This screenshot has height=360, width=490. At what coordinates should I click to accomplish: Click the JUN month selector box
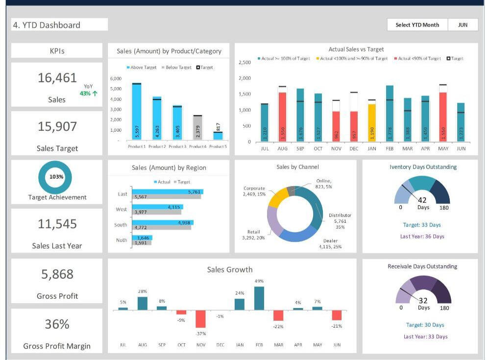[463, 25]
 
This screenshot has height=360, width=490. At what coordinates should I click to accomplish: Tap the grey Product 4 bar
[197, 128]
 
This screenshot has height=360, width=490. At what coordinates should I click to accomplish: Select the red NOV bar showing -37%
[200, 319]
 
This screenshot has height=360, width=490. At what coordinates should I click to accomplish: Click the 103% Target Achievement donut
[55, 177]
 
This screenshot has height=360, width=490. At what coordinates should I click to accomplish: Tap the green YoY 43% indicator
[88, 90]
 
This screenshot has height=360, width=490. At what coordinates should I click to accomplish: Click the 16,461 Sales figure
[57, 78]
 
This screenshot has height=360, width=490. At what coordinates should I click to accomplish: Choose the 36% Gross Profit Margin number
[57, 324]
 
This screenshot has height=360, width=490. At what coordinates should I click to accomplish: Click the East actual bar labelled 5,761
[167, 192]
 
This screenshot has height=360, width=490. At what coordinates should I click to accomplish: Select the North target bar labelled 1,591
[141, 242]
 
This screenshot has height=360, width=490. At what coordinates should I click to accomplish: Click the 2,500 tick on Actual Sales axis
[245, 63]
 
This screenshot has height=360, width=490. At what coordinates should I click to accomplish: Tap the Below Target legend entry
[176, 68]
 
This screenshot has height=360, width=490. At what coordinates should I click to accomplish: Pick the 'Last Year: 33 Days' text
[425, 337]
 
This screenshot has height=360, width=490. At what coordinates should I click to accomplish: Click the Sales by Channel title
[297, 167]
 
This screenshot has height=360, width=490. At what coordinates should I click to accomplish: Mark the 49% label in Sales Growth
[259, 281]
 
